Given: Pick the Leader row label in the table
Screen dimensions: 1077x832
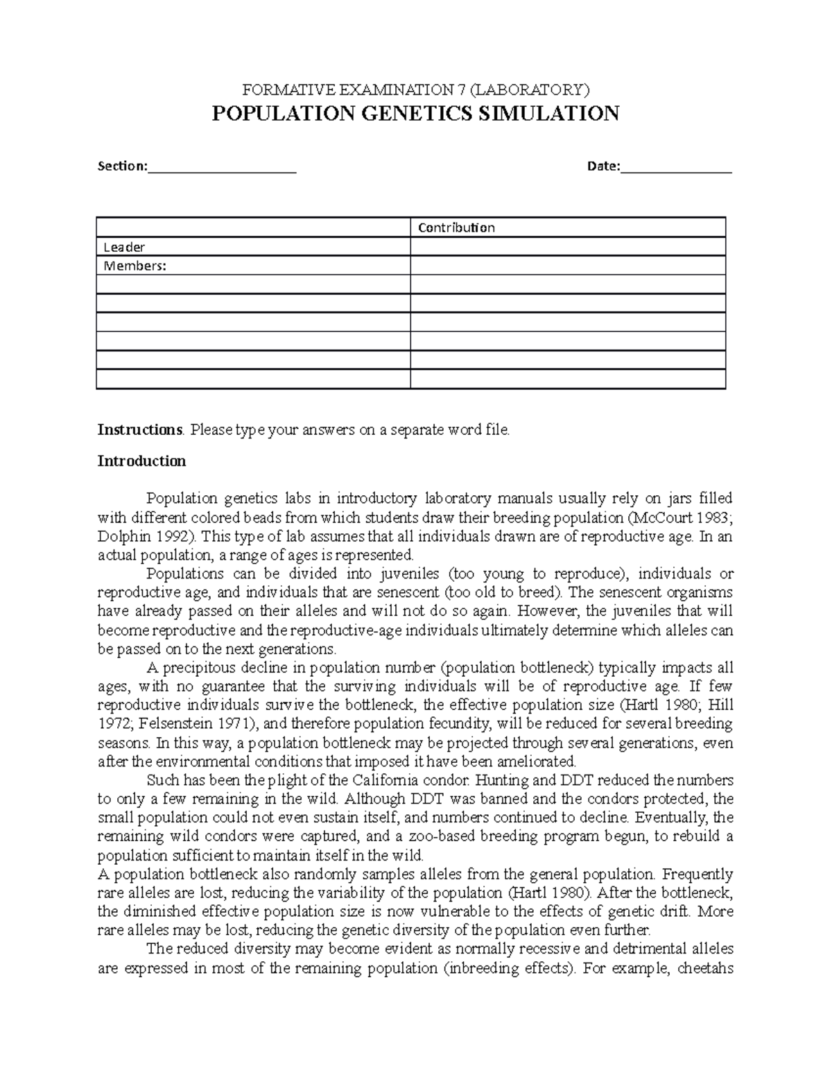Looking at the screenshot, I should (x=124, y=247).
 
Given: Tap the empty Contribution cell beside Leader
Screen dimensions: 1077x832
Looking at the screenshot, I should (x=567, y=247).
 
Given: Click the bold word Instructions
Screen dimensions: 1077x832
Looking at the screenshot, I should (x=139, y=430).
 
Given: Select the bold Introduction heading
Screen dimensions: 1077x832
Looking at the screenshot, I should (x=141, y=461).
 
